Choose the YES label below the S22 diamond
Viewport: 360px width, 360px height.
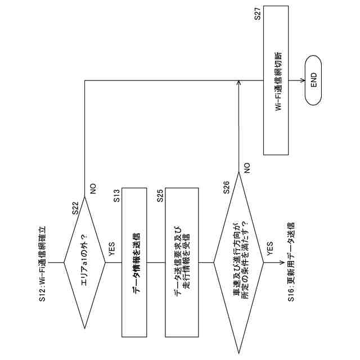112,250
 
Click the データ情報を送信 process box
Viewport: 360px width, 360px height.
137,262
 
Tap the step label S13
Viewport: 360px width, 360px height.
116,196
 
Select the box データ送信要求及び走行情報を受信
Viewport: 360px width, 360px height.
182,262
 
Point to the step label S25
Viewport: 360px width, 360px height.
160,196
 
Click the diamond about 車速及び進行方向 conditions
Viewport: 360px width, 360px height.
239,262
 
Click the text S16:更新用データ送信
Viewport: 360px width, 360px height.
290,262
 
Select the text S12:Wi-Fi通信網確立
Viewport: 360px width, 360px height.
42,262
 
